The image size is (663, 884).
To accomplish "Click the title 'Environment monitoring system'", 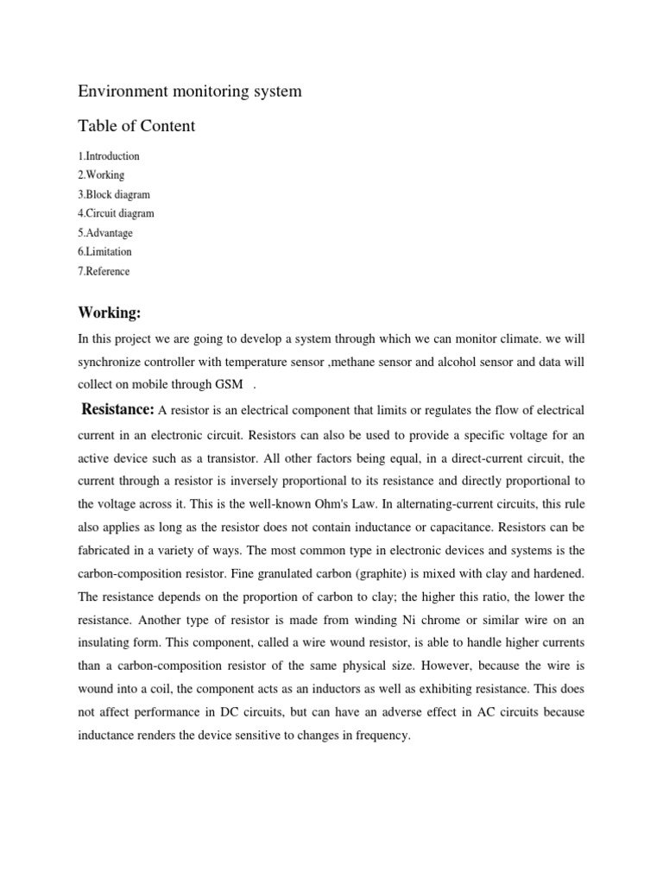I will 190,91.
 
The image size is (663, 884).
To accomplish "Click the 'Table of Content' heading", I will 136,126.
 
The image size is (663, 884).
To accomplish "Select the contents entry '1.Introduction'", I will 109,156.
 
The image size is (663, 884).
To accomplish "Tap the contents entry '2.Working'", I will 101,175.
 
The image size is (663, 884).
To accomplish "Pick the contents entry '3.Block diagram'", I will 114,194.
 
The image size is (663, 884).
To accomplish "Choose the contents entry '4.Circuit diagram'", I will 117,213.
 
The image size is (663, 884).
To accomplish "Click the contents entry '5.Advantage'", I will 105,233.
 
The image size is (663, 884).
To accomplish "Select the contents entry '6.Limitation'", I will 105,252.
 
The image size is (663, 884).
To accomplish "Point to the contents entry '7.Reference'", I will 104,271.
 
